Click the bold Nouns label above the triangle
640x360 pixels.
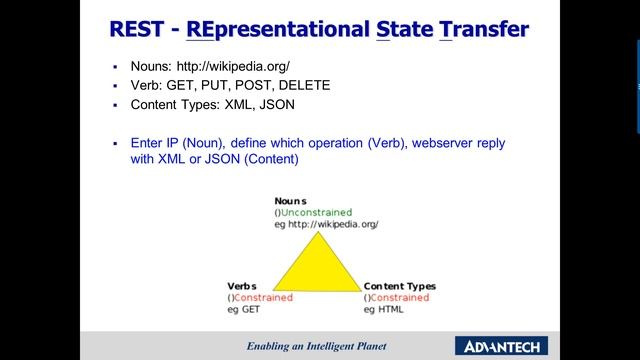pos(292,200)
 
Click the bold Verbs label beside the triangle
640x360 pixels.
pos(243,286)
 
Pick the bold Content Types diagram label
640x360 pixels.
pos(400,286)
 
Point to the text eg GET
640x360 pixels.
pos(245,310)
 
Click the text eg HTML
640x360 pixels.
pos(384,310)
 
